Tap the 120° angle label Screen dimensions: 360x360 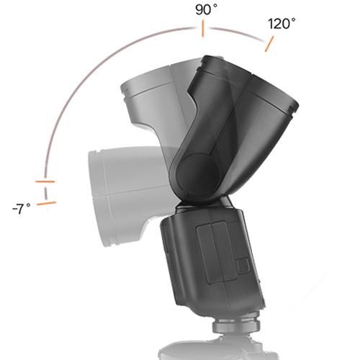[282, 23]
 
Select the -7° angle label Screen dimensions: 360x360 [22, 209]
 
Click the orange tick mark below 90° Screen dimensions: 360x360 [203, 30]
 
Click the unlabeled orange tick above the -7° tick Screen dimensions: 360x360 [45, 181]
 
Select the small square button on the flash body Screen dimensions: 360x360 [242, 266]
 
